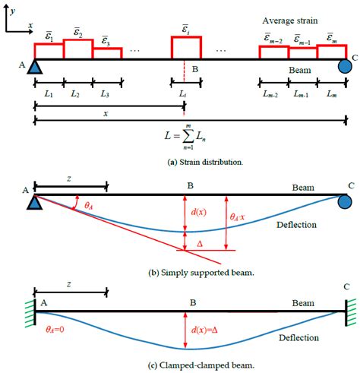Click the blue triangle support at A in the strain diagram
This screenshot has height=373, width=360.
[x=35, y=67]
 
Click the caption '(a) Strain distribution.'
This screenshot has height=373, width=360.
[x=182, y=162]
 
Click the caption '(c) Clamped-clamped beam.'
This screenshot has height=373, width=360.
[x=182, y=365]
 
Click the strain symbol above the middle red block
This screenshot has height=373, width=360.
[x=186, y=27]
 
